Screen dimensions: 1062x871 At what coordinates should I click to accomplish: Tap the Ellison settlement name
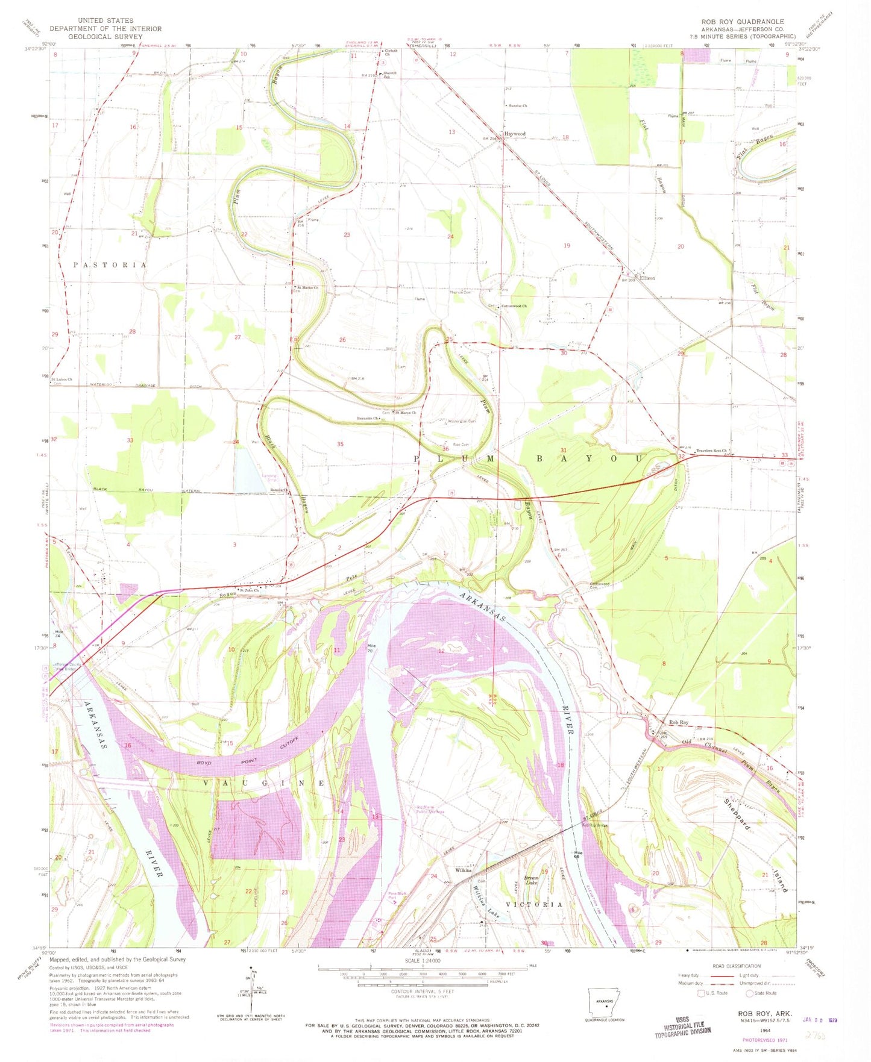(647, 278)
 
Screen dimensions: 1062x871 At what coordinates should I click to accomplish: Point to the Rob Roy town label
(678, 722)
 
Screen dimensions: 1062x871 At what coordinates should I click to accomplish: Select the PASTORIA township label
(110, 265)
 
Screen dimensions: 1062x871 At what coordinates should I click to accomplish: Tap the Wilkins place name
(463, 870)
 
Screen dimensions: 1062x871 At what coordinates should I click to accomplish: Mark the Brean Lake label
(530, 881)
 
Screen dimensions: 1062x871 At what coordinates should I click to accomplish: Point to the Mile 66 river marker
(578, 855)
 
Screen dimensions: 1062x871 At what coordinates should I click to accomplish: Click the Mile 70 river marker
(372, 648)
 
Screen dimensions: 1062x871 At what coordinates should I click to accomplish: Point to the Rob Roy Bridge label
(594, 826)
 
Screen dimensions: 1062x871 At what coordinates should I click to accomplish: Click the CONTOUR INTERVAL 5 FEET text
(429, 991)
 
